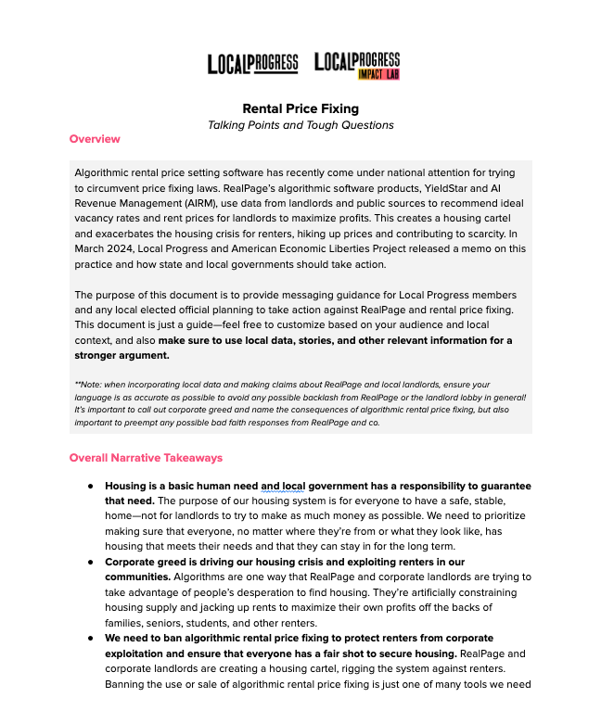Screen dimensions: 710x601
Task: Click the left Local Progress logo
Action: point(252,64)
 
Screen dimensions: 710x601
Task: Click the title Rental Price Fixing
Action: point(300,108)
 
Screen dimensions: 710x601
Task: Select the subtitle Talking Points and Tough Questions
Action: point(300,125)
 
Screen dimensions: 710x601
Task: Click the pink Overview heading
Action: point(95,139)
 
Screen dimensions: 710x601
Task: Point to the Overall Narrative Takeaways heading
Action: point(146,458)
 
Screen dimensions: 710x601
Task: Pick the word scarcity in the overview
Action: point(501,233)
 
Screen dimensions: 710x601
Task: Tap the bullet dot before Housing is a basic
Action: point(91,486)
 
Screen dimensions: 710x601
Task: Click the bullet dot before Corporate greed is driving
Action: point(91,562)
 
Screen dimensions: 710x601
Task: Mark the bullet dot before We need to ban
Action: point(91,639)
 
